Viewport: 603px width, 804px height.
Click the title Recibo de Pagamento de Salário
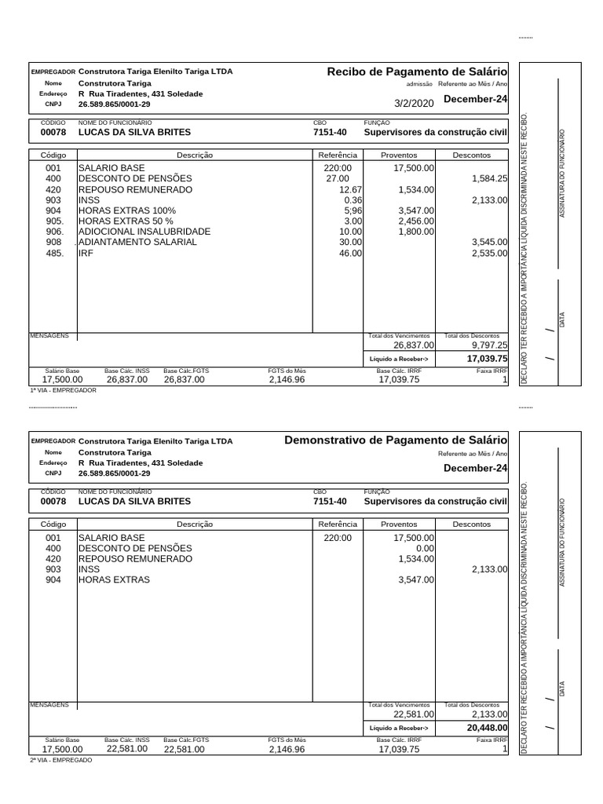coord(417,72)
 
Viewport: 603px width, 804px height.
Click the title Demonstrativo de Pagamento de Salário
coord(396,440)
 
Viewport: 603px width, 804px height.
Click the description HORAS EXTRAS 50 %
coord(126,221)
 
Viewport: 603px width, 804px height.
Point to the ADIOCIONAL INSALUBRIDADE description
coord(144,232)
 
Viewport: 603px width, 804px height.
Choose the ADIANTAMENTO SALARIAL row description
coord(137,243)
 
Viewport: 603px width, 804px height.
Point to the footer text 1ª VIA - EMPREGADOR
coord(63,389)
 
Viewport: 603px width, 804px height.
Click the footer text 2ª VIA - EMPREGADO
coord(60,760)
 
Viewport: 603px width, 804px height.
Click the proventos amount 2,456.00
coord(416,221)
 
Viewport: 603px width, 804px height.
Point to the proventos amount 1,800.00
coord(416,232)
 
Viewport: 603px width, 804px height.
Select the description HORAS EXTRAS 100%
coord(127,211)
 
